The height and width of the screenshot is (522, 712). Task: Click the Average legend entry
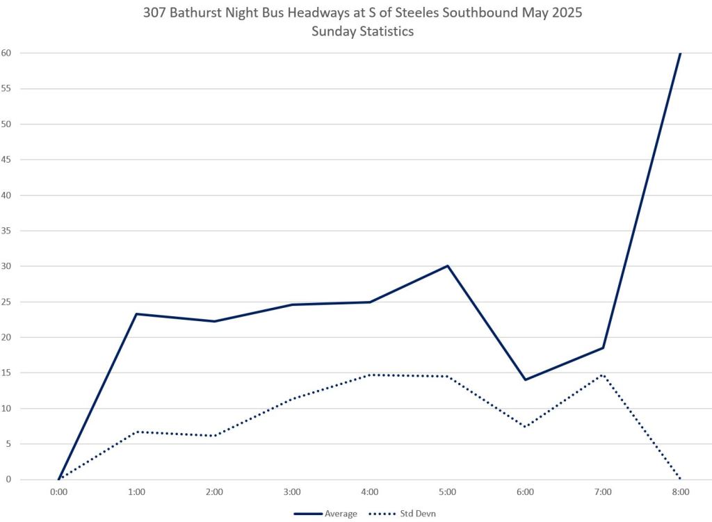pos(326,514)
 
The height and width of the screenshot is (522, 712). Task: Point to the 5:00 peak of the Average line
pos(448,266)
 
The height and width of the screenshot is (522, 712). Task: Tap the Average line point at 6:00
pos(526,380)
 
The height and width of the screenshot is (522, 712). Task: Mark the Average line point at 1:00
pos(137,314)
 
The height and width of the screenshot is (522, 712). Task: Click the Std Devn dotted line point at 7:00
pos(603,375)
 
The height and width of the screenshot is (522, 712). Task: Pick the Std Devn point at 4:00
pos(370,375)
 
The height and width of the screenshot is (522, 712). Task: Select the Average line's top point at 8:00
pos(680,53)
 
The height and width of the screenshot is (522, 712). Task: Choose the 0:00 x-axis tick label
pos(59,492)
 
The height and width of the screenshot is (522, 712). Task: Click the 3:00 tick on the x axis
pos(292,492)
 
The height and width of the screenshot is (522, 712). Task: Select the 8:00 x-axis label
pos(680,492)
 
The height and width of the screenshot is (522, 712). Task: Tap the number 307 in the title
pos(154,13)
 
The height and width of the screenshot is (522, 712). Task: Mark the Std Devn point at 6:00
pos(526,427)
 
